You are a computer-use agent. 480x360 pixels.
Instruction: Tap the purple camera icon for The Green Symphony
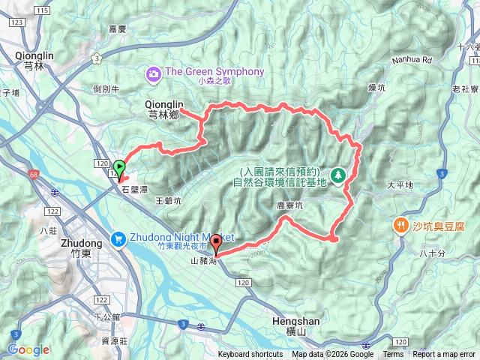click(154, 73)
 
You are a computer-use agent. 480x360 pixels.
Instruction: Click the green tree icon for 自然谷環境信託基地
click(338, 175)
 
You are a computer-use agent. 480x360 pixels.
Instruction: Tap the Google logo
click(28, 349)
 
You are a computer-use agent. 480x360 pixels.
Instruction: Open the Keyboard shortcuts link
click(251, 355)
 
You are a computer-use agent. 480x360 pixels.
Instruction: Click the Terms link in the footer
click(393, 355)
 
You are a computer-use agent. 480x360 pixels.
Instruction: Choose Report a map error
click(445, 355)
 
